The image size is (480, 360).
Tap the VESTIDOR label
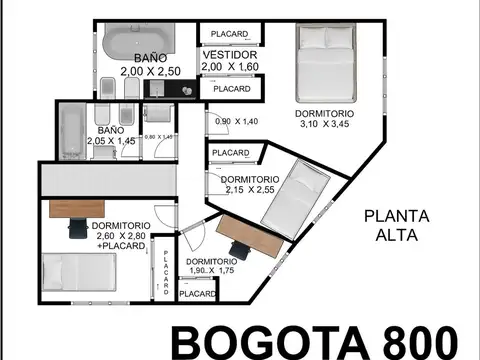230,54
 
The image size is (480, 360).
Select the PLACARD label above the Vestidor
230,34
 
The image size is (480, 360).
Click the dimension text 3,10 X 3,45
324,124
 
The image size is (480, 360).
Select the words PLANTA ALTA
397,225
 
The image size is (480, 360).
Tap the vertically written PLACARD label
166,270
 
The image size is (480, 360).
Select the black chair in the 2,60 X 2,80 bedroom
76,230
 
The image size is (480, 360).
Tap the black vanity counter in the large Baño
171,88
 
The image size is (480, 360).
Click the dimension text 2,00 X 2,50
147,71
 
